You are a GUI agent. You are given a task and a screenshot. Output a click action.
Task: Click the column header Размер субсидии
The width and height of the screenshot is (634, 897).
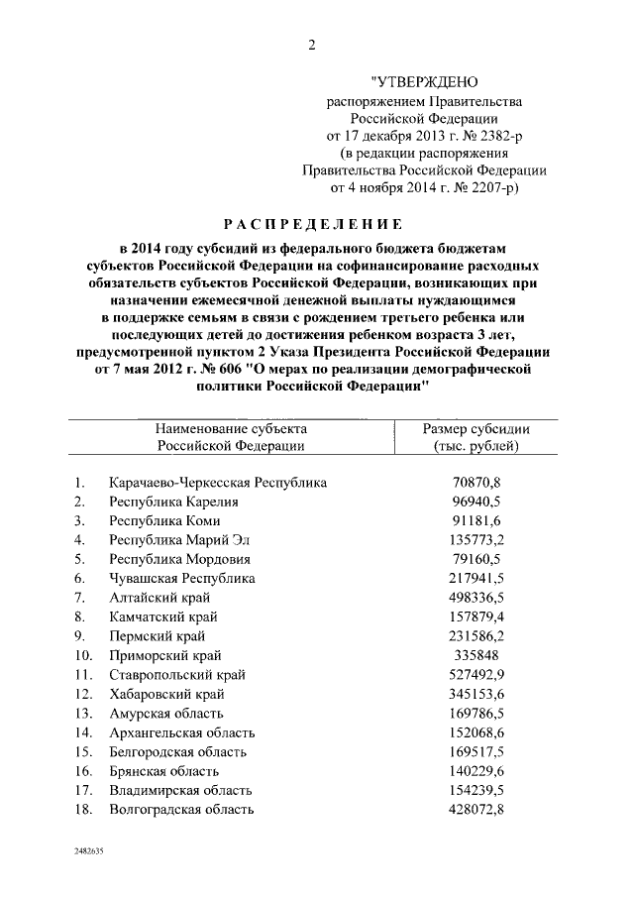pyautogui.click(x=475, y=428)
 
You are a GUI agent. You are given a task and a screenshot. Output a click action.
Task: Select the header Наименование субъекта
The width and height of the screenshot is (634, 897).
pyautogui.click(x=231, y=428)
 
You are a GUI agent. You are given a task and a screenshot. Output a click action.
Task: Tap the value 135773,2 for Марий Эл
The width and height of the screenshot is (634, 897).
pyautogui.click(x=475, y=540)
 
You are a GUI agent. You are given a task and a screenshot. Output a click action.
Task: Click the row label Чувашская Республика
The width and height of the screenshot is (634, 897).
pyautogui.click(x=182, y=578)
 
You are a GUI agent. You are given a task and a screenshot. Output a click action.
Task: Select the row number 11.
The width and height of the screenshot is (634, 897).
pyautogui.click(x=83, y=675)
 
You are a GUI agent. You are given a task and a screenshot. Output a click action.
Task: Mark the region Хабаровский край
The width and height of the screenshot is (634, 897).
pyautogui.click(x=161, y=694)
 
